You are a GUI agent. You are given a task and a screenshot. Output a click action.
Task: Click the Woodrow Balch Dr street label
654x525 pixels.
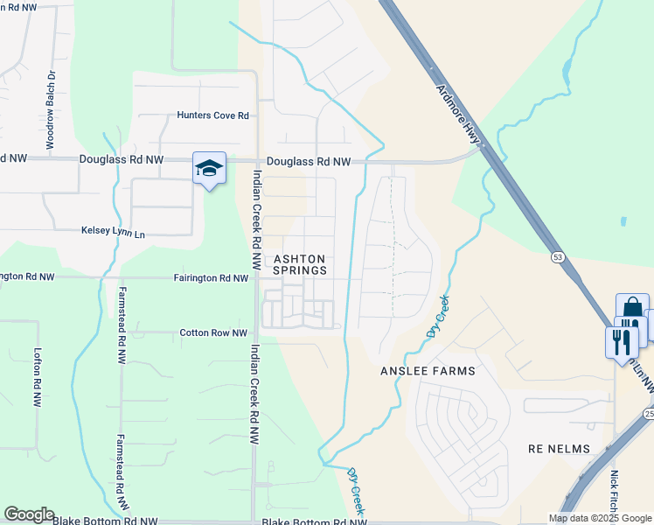tap(51, 108)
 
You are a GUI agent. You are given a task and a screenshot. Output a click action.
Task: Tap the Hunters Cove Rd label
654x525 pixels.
tap(213, 115)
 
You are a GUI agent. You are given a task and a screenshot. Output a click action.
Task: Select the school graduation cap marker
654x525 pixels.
tap(210, 167)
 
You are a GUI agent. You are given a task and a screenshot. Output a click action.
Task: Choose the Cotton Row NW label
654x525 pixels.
tap(210, 332)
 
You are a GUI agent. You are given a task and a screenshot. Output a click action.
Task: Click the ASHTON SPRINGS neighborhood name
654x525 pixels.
tap(300, 265)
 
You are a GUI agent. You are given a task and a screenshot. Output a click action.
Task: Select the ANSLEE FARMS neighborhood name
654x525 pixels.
tap(428, 371)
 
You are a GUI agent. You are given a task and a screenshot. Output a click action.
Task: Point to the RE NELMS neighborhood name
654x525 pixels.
tap(560, 449)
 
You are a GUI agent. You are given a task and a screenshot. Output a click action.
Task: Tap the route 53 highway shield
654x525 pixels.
tap(557, 257)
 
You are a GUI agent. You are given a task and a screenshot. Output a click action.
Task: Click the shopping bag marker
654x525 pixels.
tap(631, 309)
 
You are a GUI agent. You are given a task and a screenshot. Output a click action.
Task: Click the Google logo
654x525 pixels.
tap(29, 514)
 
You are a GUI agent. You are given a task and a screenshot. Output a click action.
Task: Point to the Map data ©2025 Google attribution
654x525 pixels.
tap(600, 518)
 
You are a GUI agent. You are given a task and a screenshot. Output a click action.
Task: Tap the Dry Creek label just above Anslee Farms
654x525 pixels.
tap(439, 318)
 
